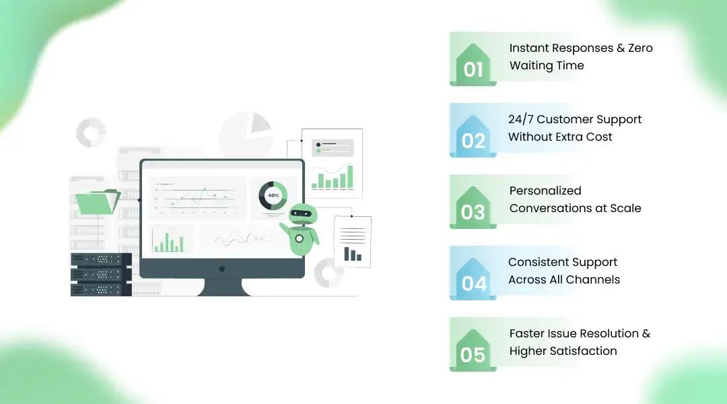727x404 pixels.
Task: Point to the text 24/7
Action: point(520,119)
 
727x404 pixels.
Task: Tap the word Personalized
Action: point(545,191)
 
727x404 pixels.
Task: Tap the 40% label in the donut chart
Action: point(273,195)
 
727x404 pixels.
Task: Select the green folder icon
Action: point(97,203)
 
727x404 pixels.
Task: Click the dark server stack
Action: point(101,274)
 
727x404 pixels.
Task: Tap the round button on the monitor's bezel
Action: point(222,269)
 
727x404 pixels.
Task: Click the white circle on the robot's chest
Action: point(299,238)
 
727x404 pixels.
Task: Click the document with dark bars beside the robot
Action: point(352,241)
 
